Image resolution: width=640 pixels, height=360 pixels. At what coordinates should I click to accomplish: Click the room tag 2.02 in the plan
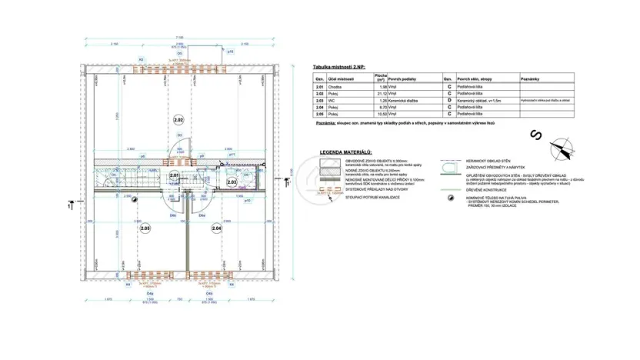[178, 121]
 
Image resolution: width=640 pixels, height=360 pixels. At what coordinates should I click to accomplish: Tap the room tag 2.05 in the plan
[145, 228]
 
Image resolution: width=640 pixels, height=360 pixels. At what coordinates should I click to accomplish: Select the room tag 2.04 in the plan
[216, 228]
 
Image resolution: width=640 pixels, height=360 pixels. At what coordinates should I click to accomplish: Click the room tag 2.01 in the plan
[175, 176]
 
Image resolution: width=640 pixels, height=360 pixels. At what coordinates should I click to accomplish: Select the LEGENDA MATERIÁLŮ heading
[345, 152]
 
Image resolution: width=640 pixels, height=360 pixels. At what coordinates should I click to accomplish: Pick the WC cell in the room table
[331, 101]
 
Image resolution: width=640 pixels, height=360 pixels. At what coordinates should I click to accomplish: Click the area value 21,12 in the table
[380, 95]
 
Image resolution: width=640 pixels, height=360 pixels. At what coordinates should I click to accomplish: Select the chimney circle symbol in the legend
[445, 198]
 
